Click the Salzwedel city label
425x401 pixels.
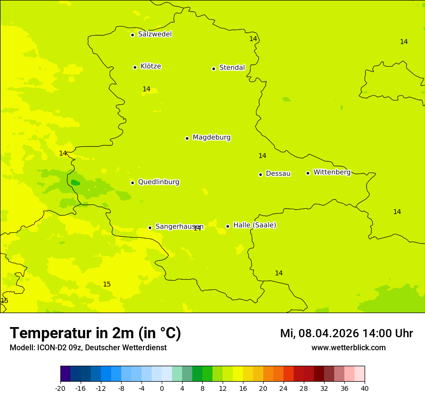tap(155, 34)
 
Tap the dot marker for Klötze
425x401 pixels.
tap(135, 67)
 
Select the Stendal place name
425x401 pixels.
tap(232, 68)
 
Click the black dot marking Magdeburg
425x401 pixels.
tap(187, 138)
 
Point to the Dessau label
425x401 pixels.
tap(278, 173)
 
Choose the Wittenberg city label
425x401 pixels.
tap(332, 172)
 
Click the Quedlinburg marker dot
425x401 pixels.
tap(132, 183)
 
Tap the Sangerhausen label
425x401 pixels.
tap(179, 227)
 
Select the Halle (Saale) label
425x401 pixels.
tap(255, 225)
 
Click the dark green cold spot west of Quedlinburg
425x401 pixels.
tap(75, 183)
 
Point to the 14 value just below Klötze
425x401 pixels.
tap(146, 89)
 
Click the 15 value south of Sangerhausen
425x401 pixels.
tap(107, 284)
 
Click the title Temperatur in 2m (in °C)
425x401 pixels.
tap(95, 333)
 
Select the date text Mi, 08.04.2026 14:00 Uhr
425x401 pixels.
tap(346, 333)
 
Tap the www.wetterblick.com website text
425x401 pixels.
tap(348, 348)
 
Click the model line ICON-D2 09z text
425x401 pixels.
tap(88, 348)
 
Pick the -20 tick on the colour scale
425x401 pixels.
tap(60, 388)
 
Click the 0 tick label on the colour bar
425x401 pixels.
tap(162, 388)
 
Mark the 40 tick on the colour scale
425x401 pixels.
tap(365, 388)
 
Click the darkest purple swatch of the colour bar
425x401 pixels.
tap(65, 374)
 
